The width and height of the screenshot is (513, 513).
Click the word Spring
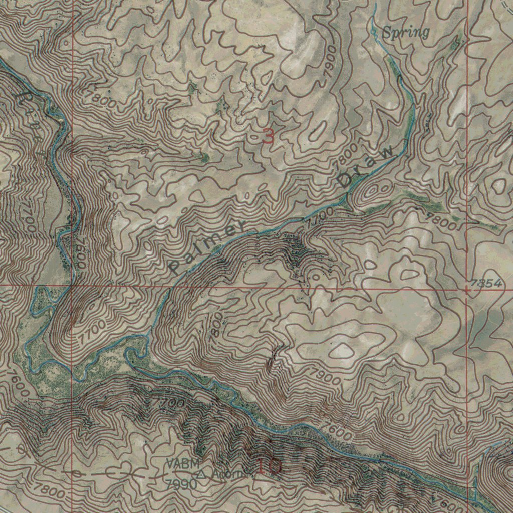point(406,33)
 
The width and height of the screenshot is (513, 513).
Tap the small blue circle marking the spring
point(373,31)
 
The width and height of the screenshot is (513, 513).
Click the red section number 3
point(269,136)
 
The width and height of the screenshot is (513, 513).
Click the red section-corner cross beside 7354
point(468,290)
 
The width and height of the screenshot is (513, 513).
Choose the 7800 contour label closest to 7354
point(441,221)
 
